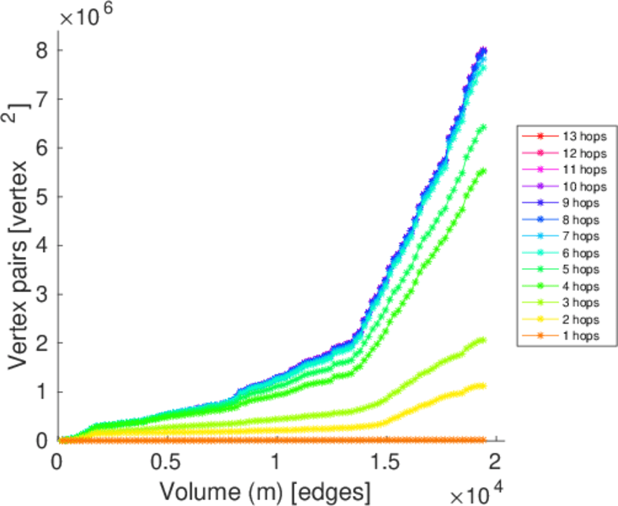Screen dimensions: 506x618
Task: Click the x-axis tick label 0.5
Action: [x=167, y=463]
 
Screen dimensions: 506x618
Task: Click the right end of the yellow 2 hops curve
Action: [x=483, y=386]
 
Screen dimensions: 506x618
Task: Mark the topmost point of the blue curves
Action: [x=483, y=51]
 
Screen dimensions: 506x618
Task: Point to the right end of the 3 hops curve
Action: [x=483, y=341]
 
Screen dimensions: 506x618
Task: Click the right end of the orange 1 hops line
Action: [x=483, y=440]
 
